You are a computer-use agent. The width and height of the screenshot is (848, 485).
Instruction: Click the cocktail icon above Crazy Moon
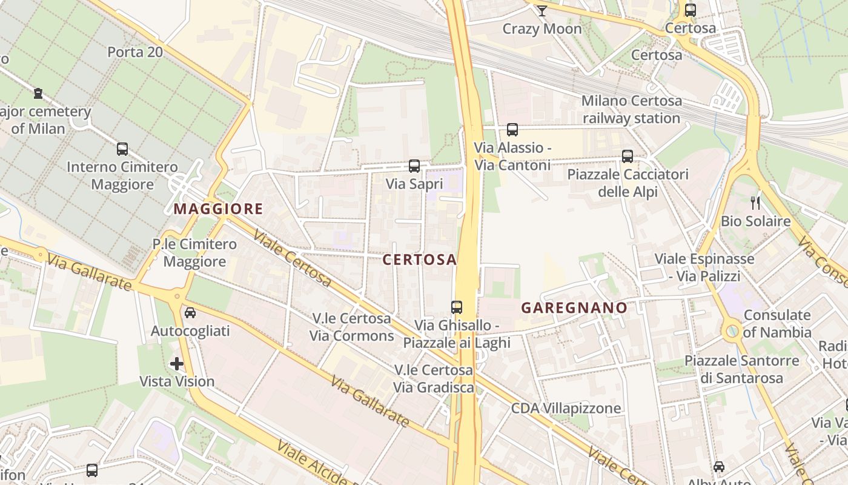click(x=542, y=10)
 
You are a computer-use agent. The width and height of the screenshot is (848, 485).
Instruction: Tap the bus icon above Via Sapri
click(x=414, y=166)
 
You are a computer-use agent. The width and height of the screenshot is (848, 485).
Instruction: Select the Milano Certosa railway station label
click(x=631, y=109)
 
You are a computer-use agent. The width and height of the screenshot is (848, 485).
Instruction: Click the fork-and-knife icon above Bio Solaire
click(x=755, y=203)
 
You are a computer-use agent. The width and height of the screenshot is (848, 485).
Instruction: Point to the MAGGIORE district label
click(x=218, y=209)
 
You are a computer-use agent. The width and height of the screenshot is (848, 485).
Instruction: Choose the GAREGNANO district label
click(x=574, y=308)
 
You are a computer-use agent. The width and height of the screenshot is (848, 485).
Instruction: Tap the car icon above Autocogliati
click(x=190, y=313)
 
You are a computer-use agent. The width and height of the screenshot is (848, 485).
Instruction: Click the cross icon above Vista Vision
click(x=177, y=364)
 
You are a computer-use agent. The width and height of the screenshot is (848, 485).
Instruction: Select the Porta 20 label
click(x=135, y=52)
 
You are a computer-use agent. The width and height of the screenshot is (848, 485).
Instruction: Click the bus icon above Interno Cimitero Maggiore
click(x=122, y=149)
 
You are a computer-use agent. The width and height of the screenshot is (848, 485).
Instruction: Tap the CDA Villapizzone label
click(x=566, y=408)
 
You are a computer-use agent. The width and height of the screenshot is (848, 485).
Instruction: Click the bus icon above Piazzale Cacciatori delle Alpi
click(x=628, y=156)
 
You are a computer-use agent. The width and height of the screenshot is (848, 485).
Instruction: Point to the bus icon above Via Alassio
click(x=512, y=129)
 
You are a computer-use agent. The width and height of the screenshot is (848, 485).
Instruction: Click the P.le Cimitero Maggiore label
click(x=194, y=253)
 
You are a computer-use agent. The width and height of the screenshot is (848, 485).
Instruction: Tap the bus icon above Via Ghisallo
click(x=457, y=307)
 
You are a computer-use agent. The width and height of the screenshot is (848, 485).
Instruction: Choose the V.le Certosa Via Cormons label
click(x=351, y=327)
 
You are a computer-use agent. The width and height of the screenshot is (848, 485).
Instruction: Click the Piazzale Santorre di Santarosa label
click(x=741, y=369)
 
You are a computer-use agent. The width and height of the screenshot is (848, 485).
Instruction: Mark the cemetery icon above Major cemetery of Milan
click(x=38, y=93)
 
